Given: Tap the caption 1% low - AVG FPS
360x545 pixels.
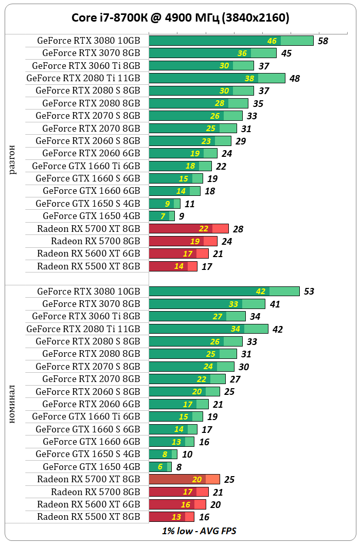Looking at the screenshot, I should [x=199, y=531].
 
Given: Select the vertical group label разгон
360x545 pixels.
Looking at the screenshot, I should [x=13, y=159].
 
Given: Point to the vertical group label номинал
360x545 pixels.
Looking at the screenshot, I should [x=13, y=404].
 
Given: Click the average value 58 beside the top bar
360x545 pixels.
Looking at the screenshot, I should [x=323, y=41].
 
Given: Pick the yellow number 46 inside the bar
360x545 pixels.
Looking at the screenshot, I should [x=272, y=41].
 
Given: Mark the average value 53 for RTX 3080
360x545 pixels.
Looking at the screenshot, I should [x=309, y=292].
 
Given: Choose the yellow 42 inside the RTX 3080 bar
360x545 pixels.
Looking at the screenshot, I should [x=261, y=292].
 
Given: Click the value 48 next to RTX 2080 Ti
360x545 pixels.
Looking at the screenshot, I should [x=295, y=79].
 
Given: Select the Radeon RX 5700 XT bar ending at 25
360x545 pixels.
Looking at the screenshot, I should [x=184, y=479].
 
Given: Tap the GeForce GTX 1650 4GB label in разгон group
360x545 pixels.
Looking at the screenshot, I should [x=91, y=216].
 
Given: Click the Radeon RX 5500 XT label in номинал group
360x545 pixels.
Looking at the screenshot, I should [x=88, y=517].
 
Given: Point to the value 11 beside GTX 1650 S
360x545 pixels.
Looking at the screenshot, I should [x=190, y=204].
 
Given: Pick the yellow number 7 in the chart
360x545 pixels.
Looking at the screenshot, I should [x=163, y=216].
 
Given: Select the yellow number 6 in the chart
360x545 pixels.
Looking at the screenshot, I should [x=160, y=467].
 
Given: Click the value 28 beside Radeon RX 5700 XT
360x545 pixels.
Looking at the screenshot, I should [x=238, y=229].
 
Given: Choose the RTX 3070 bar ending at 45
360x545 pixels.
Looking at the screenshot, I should [x=212, y=53].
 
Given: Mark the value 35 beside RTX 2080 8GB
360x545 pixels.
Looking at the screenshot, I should [x=258, y=104].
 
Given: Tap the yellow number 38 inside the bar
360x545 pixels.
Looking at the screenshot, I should [x=249, y=79].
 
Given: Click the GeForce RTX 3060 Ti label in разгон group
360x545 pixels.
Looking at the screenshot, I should [x=86, y=65].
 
